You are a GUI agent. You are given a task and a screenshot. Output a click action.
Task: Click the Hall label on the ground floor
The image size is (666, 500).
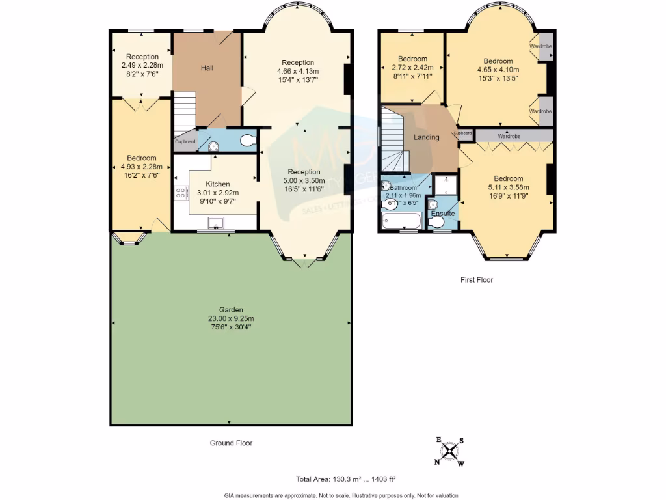point(207,68)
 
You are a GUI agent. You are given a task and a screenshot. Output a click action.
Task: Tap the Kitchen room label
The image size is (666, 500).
point(217,184)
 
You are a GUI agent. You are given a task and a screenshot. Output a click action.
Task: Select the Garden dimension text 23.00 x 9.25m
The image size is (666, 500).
point(232,318)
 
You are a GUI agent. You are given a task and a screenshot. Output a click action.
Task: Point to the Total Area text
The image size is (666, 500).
point(345,479)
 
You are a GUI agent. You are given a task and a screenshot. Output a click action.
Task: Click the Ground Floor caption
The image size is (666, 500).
point(231,443)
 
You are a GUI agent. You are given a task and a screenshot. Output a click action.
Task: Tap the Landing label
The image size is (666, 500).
point(427,137)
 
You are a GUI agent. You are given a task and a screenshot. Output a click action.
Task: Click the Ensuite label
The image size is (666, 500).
point(442,214)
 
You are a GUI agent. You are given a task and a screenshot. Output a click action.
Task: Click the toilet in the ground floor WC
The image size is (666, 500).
point(247,140)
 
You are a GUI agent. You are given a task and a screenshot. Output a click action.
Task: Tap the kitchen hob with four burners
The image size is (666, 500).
point(181,193)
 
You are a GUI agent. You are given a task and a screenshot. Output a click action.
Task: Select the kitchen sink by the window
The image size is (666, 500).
point(215,223)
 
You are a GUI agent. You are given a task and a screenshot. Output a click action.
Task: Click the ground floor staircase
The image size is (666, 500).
point(184,111)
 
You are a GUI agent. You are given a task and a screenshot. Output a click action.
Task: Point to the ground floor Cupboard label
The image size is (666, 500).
point(185,141)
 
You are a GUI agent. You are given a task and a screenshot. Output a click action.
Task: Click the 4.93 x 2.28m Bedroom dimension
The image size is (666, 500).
point(141,166)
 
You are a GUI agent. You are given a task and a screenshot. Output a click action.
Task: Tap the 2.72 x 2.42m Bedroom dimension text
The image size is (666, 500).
point(413,67)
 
